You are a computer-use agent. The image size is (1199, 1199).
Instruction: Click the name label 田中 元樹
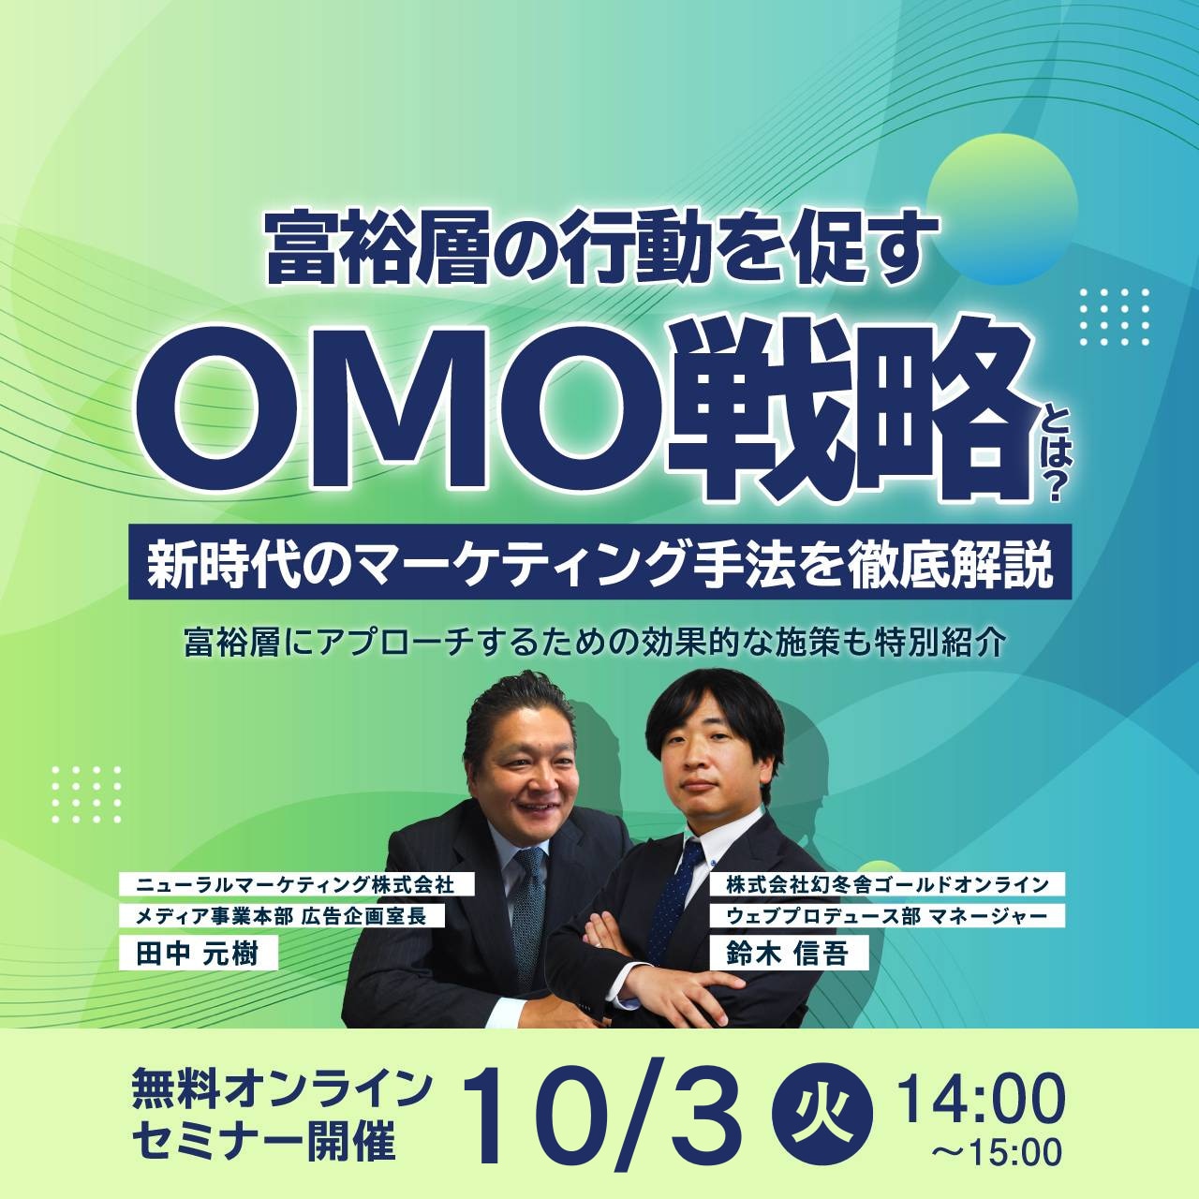point(198,953)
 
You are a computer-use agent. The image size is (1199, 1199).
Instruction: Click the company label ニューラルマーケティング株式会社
point(296,883)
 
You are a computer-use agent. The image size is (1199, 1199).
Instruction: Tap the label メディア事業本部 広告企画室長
point(281,915)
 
